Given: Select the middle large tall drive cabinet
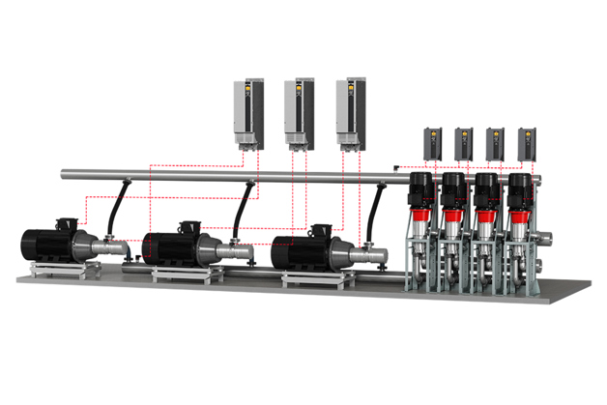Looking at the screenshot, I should pyautogui.click(x=300, y=112).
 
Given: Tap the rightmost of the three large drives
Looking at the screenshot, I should pyautogui.click(x=351, y=112).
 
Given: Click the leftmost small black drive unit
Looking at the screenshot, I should pyautogui.click(x=431, y=144).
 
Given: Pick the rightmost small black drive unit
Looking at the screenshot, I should pyautogui.click(x=527, y=144).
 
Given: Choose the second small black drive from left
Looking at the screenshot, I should pyautogui.click(x=463, y=144).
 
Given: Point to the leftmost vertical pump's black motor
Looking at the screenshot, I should pyautogui.click(x=420, y=190).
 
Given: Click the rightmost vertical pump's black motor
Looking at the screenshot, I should pyautogui.click(x=520, y=190).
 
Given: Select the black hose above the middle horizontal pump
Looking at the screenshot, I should pyautogui.click(x=246, y=209).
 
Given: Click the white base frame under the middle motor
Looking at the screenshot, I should pyautogui.click(x=179, y=274).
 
